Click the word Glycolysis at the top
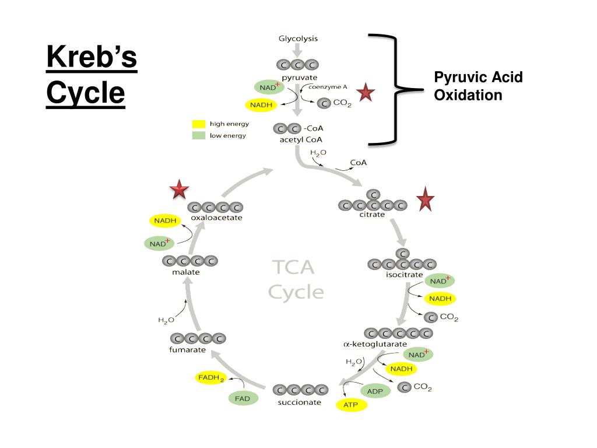pyautogui.click(x=298, y=39)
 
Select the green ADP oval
pyautogui.click(x=375, y=391)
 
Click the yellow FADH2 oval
pyautogui.click(x=210, y=378)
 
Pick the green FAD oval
pyautogui.click(x=242, y=399)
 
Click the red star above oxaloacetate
pyautogui.click(x=179, y=190)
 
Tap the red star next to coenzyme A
pyautogui.click(x=366, y=92)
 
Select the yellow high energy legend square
pyautogui.click(x=199, y=124)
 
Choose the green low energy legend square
pyautogui.click(x=199, y=135)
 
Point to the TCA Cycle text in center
pyautogui.click(x=296, y=279)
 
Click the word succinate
pyautogui.click(x=298, y=402)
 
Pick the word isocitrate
pyautogui.click(x=401, y=275)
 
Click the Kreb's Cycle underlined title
pyautogui.click(x=92, y=76)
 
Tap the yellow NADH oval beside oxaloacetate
pyautogui.click(x=165, y=220)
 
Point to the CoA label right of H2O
pyautogui.click(x=358, y=163)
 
